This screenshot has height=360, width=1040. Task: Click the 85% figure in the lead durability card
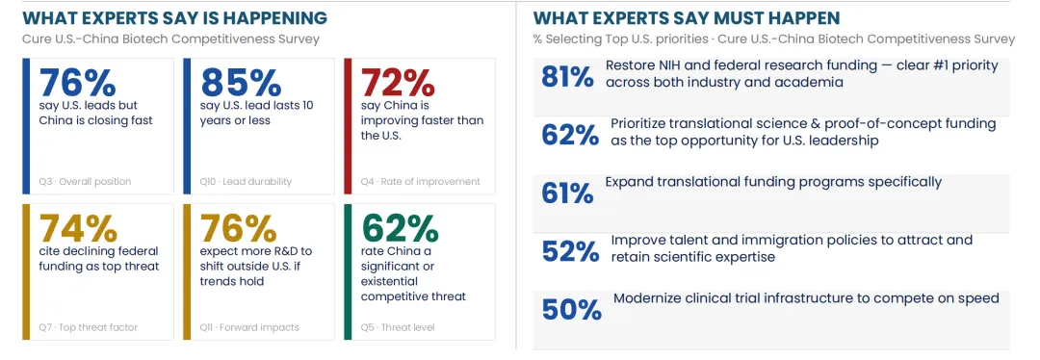[241, 82]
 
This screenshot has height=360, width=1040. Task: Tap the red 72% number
[398, 82]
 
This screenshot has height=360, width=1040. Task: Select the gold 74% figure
[78, 228]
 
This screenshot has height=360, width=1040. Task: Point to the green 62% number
[400, 228]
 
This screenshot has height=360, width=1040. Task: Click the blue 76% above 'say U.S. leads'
[78, 82]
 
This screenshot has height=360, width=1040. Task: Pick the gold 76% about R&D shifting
[239, 228]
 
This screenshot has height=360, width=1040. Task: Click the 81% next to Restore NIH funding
[567, 78]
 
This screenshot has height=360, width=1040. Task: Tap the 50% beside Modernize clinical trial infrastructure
[572, 310]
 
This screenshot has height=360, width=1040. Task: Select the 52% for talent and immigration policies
[570, 251]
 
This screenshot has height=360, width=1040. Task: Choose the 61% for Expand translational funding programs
[567, 193]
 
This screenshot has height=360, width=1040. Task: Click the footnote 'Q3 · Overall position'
[86, 182]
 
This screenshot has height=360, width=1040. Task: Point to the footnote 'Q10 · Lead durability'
[246, 182]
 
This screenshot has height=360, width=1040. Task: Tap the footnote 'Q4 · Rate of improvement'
[421, 182]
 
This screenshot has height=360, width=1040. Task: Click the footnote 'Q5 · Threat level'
[398, 327]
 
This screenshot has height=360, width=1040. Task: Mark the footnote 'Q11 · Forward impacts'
[249, 327]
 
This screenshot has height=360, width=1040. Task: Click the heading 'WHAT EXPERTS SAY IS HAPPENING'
[174, 18]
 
